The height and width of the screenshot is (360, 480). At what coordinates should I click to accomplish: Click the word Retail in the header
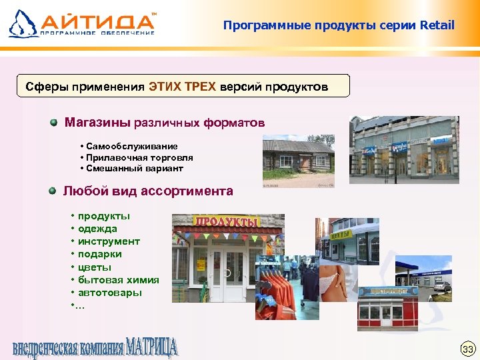coord(437,25)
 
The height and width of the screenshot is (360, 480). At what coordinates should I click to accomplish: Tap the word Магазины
coord(98,123)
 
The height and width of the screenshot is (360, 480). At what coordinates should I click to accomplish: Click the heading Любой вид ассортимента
coord(148,191)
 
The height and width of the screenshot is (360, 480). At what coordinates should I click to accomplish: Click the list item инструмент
coord(109,241)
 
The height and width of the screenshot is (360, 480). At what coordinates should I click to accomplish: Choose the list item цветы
coord(95,267)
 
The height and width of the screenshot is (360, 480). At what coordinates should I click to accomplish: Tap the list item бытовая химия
coord(118,280)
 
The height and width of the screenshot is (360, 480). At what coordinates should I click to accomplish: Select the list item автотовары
coord(109,293)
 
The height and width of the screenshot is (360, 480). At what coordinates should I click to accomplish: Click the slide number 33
coord(467,349)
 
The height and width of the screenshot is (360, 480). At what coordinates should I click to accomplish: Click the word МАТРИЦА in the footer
coord(152,347)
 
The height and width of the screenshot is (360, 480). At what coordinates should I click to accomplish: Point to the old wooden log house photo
coord(298,162)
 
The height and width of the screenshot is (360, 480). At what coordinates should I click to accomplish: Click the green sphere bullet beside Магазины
coord(53,123)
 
